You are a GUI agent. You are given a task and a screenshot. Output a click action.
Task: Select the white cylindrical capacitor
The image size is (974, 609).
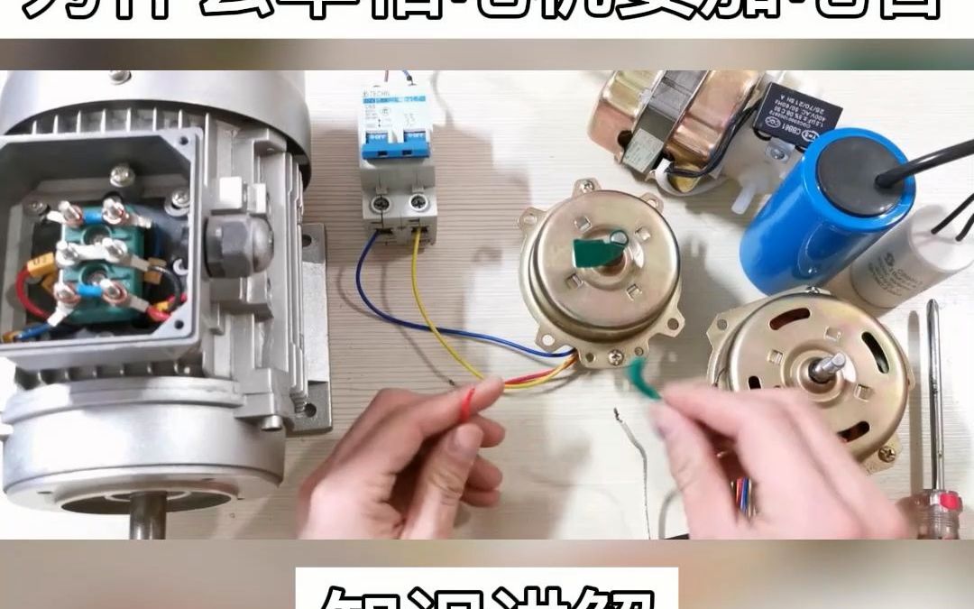click(902, 257)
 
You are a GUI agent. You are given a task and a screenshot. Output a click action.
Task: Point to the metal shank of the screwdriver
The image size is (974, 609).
click(934, 388)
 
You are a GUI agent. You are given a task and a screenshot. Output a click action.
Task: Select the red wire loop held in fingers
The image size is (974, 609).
click(466, 402)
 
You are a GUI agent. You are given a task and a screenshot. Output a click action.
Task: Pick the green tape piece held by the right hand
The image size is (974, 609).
click(645, 377)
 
